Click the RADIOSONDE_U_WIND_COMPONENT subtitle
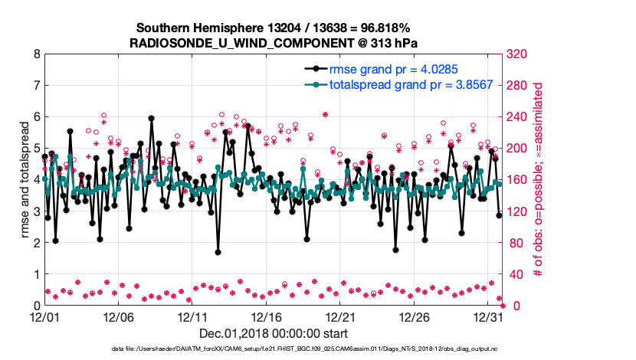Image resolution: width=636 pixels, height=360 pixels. point(274,42)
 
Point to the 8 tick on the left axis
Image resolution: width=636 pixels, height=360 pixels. point(36,54)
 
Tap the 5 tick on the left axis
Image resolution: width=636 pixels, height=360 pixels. point(36,149)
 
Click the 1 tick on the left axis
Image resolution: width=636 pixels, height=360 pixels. point(36,274)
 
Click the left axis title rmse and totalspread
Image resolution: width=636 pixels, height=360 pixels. point(25,180)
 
